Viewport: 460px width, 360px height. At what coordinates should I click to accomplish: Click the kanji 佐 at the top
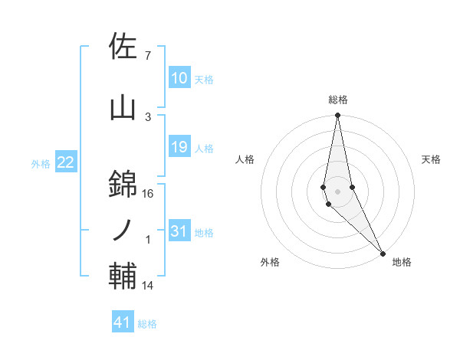click(123, 47)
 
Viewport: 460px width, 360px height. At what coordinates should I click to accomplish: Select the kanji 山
click(123, 108)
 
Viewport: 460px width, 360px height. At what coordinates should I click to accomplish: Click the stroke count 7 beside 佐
click(148, 56)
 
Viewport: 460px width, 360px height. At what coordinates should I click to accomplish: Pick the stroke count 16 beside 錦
click(148, 194)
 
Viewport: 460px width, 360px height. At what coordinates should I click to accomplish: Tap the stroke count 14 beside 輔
click(148, 286)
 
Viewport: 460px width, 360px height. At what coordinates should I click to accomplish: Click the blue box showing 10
click(179, 78)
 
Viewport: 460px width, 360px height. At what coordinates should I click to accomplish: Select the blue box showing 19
click(179, 147)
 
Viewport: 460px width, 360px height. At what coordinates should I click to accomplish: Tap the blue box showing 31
click(179, 231)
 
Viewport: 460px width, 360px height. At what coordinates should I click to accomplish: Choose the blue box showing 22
click(66, 162)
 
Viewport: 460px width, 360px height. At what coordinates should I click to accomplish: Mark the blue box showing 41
click(123, 322)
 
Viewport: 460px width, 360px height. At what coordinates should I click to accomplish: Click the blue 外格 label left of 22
click(41, 163)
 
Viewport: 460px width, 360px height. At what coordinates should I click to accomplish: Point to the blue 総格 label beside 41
click(147, 323)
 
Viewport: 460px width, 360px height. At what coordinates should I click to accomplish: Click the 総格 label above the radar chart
click(337, 100)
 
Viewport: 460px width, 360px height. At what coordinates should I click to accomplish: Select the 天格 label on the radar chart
click(432, 159)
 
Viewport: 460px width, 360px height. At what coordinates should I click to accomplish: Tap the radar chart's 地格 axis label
click(402, 262)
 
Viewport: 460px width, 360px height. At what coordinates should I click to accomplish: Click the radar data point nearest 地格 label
click(383, 252)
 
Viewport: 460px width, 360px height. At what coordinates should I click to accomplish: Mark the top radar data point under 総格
click(337, 116)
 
